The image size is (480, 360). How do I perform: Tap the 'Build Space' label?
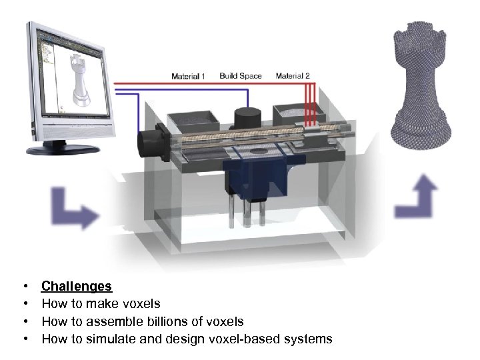pos(241,76)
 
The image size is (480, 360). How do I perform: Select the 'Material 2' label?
pos(292,76)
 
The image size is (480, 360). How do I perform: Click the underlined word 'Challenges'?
pos(77,287)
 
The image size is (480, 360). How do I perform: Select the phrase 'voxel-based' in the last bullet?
pos(247,339)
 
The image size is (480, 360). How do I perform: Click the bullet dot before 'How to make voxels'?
pos(25,304)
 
